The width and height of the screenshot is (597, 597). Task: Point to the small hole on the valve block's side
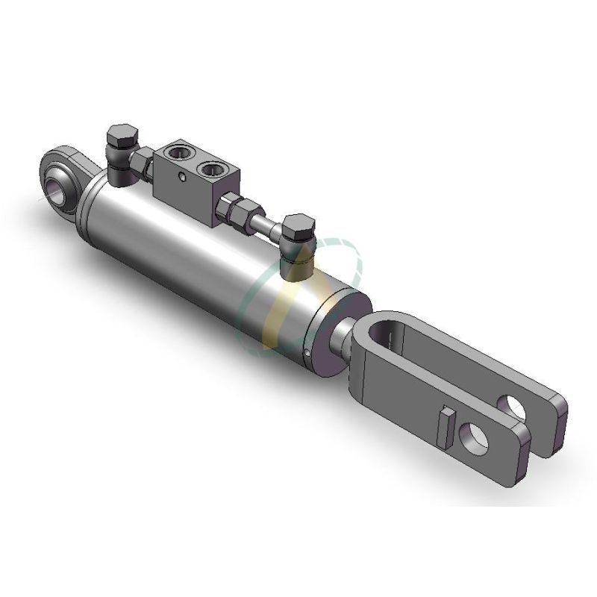click(181, 177)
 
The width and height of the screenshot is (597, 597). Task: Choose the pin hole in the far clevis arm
click(515, 405)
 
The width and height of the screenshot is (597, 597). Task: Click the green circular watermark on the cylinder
click(257, 313)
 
